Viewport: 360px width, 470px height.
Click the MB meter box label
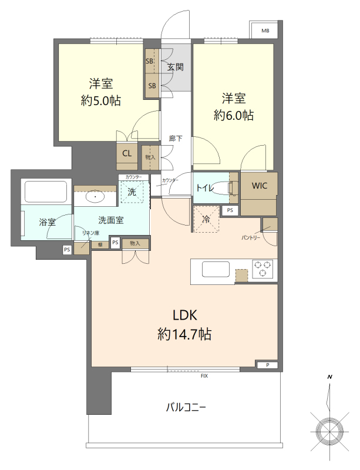[265, 31]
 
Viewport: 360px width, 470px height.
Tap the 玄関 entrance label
[175, 67]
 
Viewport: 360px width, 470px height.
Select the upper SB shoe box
[150, 61]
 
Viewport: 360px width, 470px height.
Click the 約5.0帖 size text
[101, 100]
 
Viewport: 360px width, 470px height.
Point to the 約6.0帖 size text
[234, 115]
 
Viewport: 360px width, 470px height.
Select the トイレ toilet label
[206, 188]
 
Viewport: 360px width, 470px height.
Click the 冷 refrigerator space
[206, 219]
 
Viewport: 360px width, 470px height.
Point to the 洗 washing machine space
[132, 192]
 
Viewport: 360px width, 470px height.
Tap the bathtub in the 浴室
[46, 192]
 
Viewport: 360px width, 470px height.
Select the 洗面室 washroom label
[110, 221]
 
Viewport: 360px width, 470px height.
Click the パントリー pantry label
[251, 237]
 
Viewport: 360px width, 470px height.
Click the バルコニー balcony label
[186, 407]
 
